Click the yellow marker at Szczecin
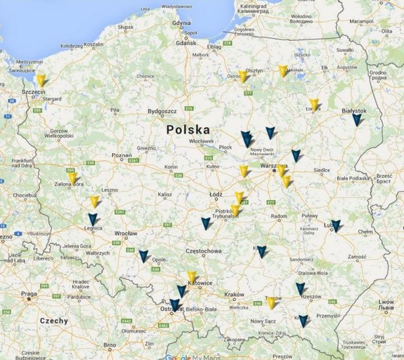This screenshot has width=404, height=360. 41,80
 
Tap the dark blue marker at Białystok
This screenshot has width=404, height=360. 356,119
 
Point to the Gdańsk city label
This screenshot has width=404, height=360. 186,43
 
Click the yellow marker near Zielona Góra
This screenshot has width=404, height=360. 71,177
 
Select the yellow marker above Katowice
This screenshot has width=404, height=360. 192,277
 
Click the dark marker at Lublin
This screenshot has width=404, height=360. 336,226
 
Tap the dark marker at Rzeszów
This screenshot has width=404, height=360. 300,289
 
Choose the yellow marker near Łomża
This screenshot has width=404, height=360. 314,104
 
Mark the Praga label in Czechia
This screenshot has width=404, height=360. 28,294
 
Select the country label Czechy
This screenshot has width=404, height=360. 54,321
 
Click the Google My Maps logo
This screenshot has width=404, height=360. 190,356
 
